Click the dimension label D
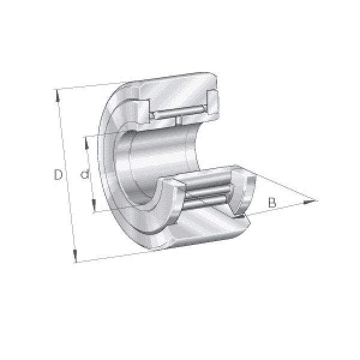pyautogui.click(x=58, y=175)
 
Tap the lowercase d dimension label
pyautogui.click(x=85, y=174)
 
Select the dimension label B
pyautogui.click(x=272, y=203)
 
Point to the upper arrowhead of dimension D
pyautogui.click(x=58, y=96)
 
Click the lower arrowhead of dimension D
pyautogui.click(x=75, y=256)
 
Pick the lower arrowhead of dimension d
pyautogui.click(x=94, y=205)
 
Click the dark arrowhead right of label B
pyautogui.click(x=309, y=202)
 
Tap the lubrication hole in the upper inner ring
pyautogui.click(x=179, y=121)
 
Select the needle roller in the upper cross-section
pyautogui.click(x=179, y=112)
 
